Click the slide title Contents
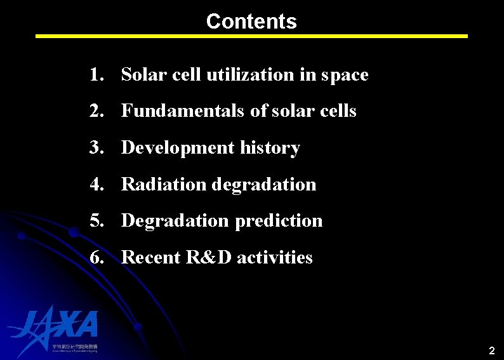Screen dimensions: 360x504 pos(251,21)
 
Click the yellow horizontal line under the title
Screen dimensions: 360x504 pos(251,36)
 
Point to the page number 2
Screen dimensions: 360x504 pos(491,350)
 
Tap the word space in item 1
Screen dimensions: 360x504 pos(345,75)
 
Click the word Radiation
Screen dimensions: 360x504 pos(164,185)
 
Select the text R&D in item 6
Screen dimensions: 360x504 pos(204,258)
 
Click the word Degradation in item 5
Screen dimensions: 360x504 pos(175,221)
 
